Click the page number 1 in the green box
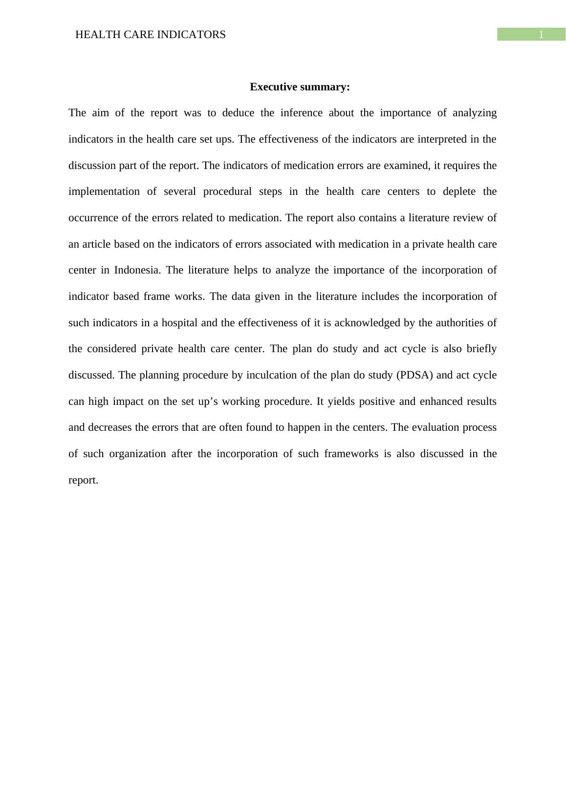[541, 35]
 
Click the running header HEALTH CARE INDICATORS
[151, 35]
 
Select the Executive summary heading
[300, 87]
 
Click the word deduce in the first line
[238, 113]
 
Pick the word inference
[301, 113]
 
